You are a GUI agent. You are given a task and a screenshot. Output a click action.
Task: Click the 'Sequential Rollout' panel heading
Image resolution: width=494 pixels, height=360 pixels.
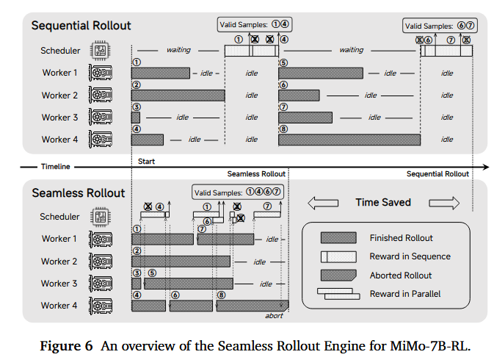pyautogui.click(x=81, y=26)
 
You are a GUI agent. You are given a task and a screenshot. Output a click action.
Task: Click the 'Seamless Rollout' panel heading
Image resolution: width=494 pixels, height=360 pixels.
pyautogui.click(x=79, y=193)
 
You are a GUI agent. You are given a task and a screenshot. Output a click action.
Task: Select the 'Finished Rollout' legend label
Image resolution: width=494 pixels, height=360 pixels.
pyautogui.click(x=401, y=238)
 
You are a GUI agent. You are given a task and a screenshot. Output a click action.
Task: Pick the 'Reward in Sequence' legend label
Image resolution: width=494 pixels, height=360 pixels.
pyautogui.click(x=410, y=256)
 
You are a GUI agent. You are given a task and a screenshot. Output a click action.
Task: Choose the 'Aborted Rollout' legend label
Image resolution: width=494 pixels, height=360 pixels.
pyautogui.click(x=401, y=276)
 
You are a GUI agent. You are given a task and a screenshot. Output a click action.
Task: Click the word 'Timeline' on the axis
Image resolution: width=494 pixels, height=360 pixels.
pyautogui.click(x=56, y=167)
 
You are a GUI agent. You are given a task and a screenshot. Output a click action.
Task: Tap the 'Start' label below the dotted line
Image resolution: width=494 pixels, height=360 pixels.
pyautogui.click(x=147, y=161)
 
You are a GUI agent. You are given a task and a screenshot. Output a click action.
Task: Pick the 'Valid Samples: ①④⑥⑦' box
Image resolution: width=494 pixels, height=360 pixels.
pyautogui.click(x=238, y=192)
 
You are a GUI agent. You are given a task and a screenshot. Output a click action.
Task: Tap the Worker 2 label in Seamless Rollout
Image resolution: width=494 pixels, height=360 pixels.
pyautogui.click(x=59, y=262)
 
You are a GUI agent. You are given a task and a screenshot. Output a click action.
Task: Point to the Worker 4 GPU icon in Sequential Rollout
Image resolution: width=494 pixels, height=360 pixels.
pyautogui.click(x=100, y=140)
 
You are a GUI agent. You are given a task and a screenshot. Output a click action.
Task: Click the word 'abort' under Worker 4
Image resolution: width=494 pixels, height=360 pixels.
pyautogui.click(x=274, y=316)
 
